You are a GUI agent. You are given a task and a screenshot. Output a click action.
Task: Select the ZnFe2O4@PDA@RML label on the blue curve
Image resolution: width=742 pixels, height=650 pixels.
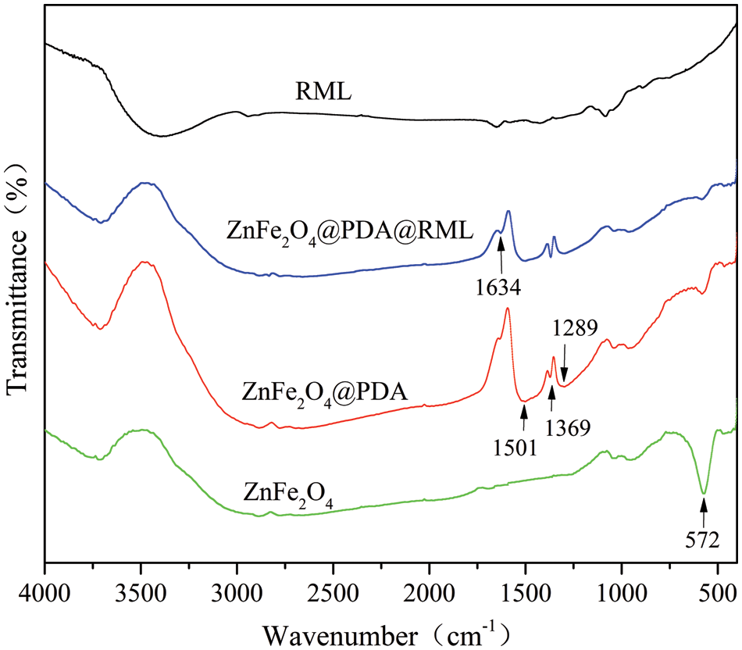pos(349,231)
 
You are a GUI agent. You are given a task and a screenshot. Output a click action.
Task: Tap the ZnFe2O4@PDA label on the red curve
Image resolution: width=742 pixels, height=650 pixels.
pos(325,389)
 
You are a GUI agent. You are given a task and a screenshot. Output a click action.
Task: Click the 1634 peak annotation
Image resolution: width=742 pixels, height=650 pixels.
pos(499,287)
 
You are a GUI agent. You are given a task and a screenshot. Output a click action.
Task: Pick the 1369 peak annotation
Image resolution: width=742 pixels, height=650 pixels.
pos(567,427)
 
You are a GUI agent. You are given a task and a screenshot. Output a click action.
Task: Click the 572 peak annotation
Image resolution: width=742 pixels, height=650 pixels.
pos(703,538)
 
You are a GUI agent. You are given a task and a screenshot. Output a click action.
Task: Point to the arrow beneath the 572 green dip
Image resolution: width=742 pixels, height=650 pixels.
pos(704,512)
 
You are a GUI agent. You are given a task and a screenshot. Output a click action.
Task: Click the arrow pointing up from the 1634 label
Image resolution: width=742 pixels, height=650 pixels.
pos(500,255)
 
